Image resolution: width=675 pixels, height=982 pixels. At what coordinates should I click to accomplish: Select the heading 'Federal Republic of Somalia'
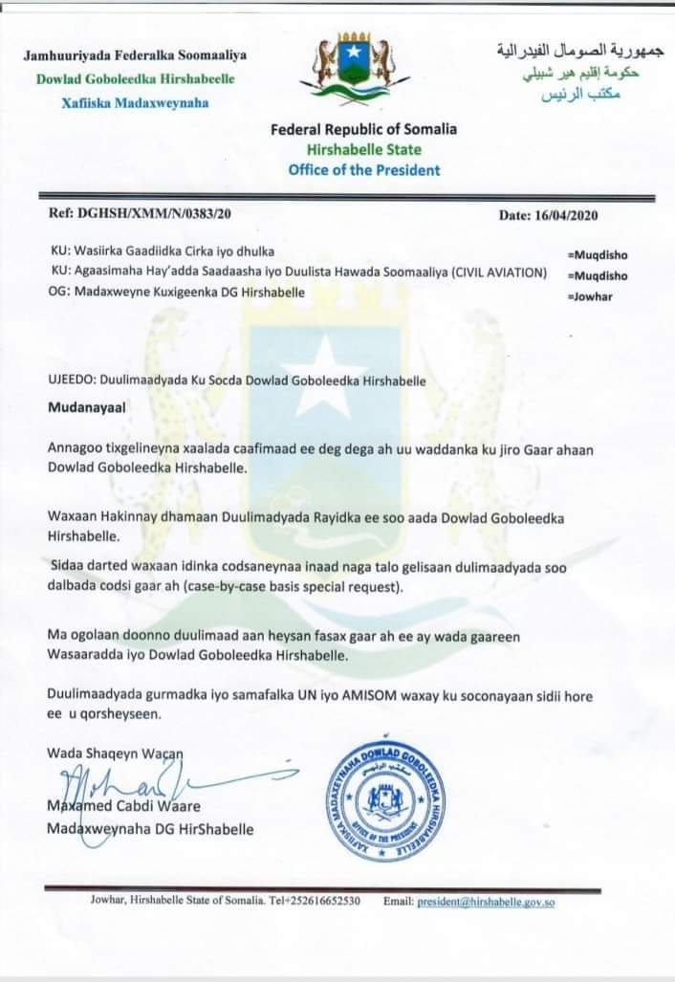(x=363, y=129)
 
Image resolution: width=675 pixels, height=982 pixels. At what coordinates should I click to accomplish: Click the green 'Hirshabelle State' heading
(x=363, y=149)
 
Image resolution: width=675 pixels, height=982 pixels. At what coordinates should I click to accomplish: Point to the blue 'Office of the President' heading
(x=364, y=170)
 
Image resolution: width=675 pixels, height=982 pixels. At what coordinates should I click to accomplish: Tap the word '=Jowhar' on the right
(x=591, y=295)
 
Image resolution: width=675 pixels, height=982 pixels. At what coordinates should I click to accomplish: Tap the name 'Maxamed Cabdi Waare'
(x=124, y=806)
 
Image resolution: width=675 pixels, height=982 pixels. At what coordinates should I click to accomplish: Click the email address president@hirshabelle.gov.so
(x=487, y=901)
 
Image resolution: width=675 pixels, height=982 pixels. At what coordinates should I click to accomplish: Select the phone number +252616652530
(x=320, y=901)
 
